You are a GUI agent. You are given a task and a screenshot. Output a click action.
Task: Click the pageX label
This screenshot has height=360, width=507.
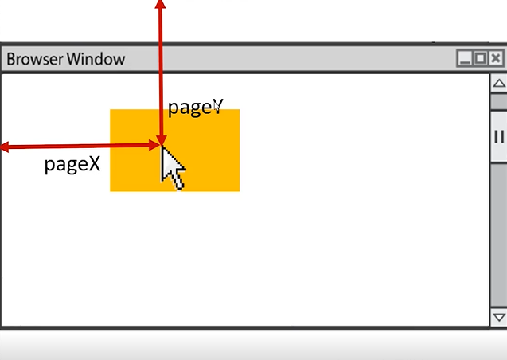pos(72,164)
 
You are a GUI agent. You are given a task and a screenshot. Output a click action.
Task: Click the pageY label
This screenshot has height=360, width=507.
pos(195,107)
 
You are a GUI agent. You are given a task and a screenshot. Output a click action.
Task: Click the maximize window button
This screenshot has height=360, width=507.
pos(480,58)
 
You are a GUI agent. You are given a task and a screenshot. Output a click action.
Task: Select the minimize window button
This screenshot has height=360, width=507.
pos(465,58)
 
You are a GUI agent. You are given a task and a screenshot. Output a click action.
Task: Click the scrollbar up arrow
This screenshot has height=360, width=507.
pos(499,84)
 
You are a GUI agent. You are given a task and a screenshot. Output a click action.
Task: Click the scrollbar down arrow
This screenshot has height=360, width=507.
pos(499,317)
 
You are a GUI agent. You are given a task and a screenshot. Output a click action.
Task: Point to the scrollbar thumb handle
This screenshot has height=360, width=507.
pos(499,136)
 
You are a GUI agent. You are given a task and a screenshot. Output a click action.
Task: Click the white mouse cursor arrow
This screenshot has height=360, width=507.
pos(172,166)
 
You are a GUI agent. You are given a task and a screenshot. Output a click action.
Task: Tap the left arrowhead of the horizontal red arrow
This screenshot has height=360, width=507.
pos(5,147)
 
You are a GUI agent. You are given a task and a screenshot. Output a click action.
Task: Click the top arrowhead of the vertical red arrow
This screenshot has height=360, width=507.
pos(161,5)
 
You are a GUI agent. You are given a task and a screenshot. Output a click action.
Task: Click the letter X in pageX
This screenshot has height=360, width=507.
pos(94,164)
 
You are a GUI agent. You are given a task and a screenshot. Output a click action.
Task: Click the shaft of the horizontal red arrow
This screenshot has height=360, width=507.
pos(80,147)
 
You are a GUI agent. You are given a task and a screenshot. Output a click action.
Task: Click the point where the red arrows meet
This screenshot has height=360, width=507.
pos(161,144)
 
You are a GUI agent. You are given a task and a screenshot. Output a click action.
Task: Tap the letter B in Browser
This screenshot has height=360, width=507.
pos(12,59)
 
